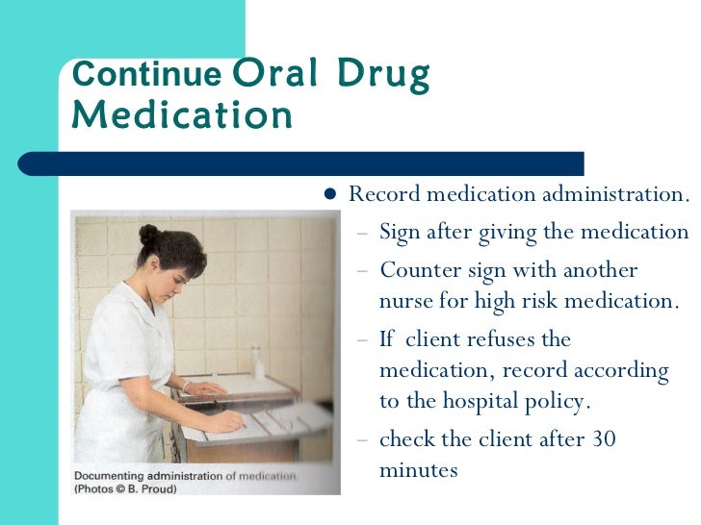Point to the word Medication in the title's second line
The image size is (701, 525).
pos(182,115)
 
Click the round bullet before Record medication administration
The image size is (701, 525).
pos(329,194)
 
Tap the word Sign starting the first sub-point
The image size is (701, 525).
pos(399,233)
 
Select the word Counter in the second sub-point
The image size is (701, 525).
pos(417,270)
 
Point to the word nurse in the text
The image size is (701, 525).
pos(406,301)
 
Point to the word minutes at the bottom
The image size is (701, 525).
pos(419,470)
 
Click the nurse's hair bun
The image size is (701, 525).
pos(148,235)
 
